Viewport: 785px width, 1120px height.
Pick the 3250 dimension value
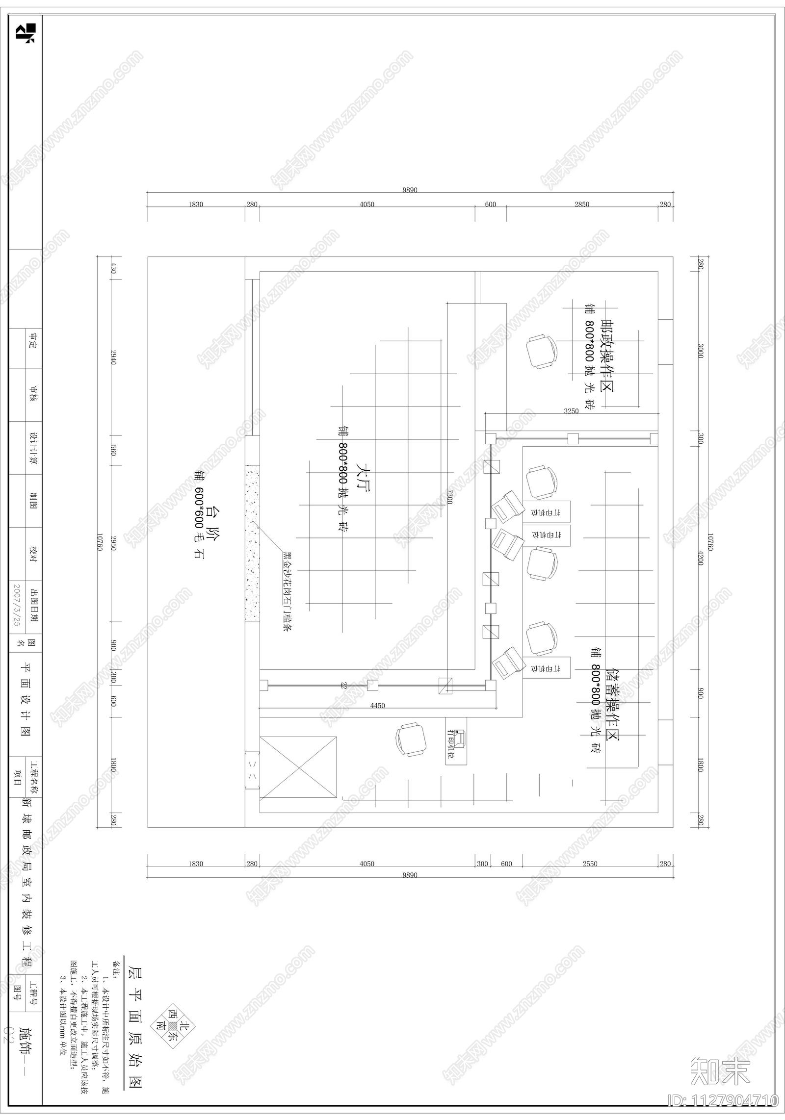571,411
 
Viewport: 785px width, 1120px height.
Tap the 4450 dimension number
377,706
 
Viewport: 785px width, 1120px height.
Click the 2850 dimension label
582,204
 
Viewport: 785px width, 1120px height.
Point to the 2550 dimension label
590,864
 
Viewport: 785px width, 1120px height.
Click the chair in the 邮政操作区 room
542,351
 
